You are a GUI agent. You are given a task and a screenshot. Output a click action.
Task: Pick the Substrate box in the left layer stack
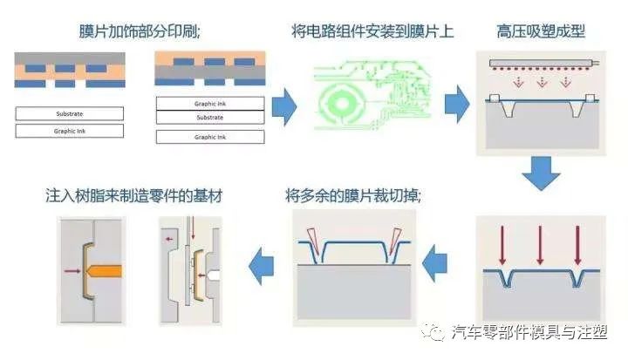pyautogui.click(x=69, y=113)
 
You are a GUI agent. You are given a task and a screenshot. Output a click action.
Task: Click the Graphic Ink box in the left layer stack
pyautogui.click(x=69, y=132)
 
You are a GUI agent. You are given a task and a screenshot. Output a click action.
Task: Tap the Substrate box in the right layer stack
pyautogui.click(x=209, y=118)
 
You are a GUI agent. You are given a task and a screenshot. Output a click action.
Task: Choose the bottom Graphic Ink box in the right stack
pyautogui.click(x=209, y=137)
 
